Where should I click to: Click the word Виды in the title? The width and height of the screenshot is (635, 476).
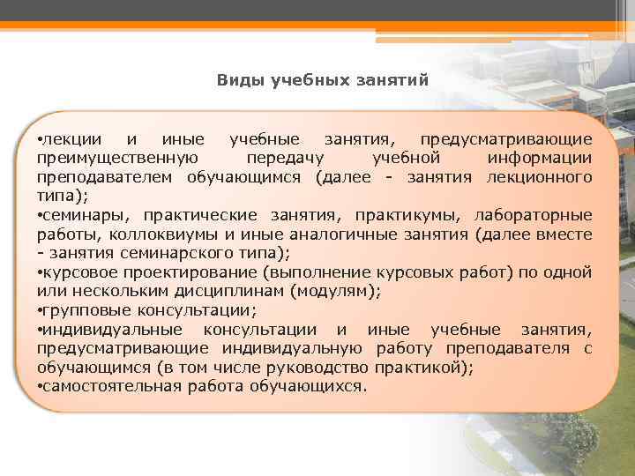tap(236, 80)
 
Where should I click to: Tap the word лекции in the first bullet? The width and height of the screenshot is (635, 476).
tap(71, 140)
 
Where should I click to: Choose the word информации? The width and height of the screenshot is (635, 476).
tap(539, 159)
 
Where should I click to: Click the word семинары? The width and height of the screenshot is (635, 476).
tap(81, 215)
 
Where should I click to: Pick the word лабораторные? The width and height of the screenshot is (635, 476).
tap(534, 215)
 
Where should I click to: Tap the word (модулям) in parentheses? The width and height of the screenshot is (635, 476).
tap(334, 291)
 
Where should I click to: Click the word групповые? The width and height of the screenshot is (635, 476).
tap(86, 310)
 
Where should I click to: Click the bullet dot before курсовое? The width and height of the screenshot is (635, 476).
tap(40, 272)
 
